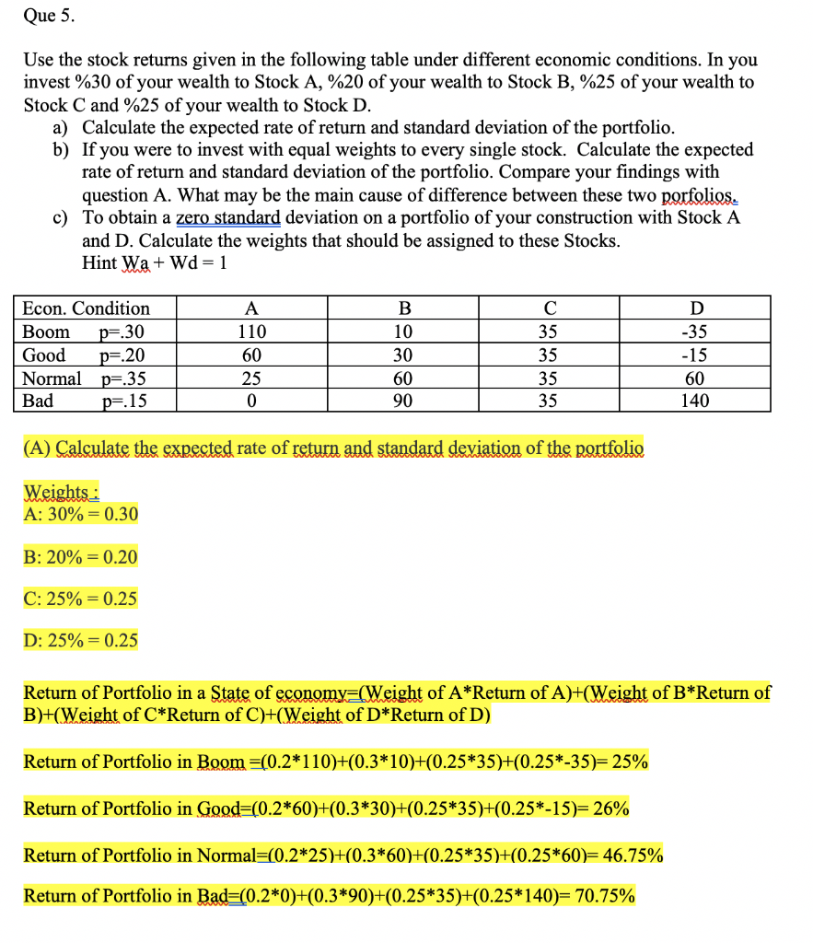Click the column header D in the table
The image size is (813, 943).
[695, 308]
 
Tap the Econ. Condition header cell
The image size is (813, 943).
[86, 308]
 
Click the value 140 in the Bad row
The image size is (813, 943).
[695, 401]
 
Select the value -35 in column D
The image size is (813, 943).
[695, 332]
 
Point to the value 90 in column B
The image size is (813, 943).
[402, 401]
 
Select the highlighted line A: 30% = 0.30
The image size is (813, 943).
[80, 514]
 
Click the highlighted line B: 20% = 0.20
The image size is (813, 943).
[80, 556]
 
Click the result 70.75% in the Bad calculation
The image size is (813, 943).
[604, 896]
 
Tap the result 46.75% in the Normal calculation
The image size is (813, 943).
[632, 855]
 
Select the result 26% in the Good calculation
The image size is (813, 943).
[611, 809]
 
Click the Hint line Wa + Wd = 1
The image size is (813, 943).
[154, 262]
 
